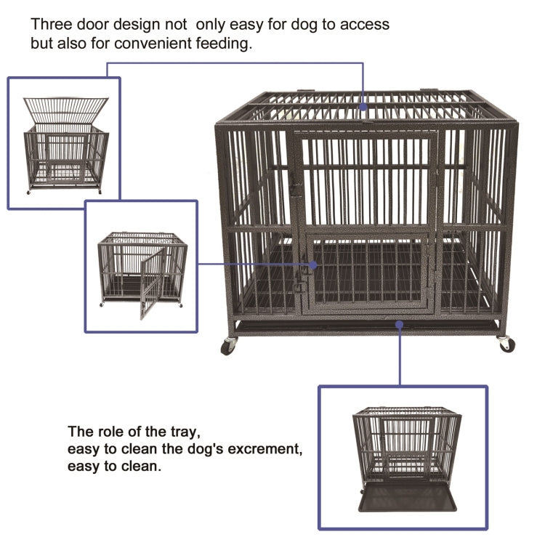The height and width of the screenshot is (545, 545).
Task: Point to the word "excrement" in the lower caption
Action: [258, 449]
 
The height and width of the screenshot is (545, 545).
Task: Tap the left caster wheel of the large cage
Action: [229, 346]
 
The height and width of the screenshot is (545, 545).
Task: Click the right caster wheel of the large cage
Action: [506, 344]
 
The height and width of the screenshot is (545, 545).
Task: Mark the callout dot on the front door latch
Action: [313, 265]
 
